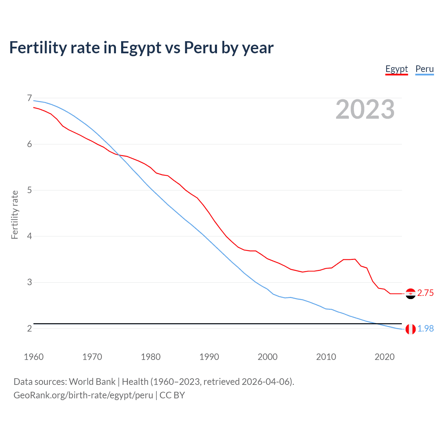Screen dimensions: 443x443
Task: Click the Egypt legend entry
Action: pos(397,69)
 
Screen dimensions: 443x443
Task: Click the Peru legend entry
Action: pos(424,69)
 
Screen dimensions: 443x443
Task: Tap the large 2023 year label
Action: pos(365,109)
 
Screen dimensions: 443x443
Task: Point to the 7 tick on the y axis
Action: pos(29,98)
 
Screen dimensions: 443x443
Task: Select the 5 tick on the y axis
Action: pos(29,190)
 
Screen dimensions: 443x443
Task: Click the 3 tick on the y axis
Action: pos(29,282)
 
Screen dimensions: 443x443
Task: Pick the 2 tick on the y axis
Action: pos(29,328)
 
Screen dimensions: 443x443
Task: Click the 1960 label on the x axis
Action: pos(34,357)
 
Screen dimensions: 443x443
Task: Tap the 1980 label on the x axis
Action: pos(151,357)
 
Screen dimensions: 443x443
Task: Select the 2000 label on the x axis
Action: pos(268,357)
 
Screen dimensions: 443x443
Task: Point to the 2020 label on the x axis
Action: pos(385,357)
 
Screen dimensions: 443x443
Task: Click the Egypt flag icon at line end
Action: pos(410,293)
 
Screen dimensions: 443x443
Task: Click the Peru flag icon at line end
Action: pos(410,329)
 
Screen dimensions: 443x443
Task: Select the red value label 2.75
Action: pos(425,293)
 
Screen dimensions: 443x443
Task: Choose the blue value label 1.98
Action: pos(425,329)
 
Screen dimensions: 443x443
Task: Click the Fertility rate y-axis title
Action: pos(15,215)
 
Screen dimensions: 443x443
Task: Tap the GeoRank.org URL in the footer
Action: pos(83,395)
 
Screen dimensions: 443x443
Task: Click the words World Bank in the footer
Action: pos(92,382)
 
